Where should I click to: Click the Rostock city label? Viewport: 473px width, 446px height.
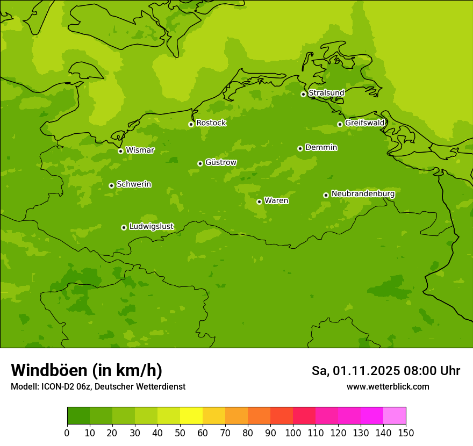tap(211, 123)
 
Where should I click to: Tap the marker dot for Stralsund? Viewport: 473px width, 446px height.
tap(303, 94)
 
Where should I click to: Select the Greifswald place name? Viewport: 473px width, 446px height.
tap(365, 123)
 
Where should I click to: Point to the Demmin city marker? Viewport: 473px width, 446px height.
tap(300, 148)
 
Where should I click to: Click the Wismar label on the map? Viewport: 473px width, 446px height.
tap(140, 150)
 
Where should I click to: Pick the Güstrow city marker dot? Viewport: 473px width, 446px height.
tap(200, 163)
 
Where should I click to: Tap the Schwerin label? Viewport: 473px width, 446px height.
tap(134, 184)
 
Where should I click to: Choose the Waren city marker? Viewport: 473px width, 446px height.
tap(259, 202)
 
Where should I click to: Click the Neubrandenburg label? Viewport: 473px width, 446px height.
tap(363, 194)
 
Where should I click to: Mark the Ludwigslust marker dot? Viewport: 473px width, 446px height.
tap(124, 227)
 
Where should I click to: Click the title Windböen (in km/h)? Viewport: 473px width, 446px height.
tap(87, 371)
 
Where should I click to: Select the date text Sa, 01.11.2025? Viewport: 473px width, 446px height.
tap(355, 371)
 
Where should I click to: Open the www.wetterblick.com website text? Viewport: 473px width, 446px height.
tap(388, 387)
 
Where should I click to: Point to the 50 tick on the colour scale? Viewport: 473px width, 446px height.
tap(180, 433)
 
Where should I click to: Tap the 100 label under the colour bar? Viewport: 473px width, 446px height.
tap(293, 433)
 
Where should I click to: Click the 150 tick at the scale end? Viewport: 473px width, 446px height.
tap(406, 433)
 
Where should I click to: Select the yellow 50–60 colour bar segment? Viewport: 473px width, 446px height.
tap(191, 416)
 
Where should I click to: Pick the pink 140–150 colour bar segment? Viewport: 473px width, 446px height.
tap(395, 416)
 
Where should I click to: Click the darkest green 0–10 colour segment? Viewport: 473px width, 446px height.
tap(78, 416)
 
